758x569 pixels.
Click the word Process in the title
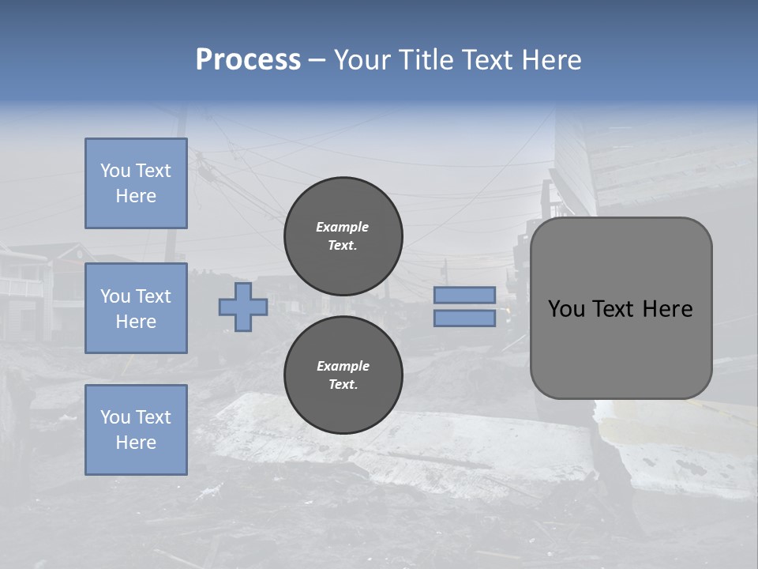coord(248,60)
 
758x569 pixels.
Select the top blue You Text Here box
coord(136,183)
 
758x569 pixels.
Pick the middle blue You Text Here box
coord(136,308)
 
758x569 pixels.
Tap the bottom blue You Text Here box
coord(136,430)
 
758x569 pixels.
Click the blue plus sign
coord(243,307)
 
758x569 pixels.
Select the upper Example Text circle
coord(343,236)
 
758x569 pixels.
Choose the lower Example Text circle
coord(343,375)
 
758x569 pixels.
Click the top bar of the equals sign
coord(465,295)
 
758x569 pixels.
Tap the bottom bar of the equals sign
coord(465,318)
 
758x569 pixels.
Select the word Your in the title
coord(362,60)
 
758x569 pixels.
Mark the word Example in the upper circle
coord(342,227)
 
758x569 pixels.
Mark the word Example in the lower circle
coord(343,366)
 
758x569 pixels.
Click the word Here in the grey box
coord(668,309)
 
